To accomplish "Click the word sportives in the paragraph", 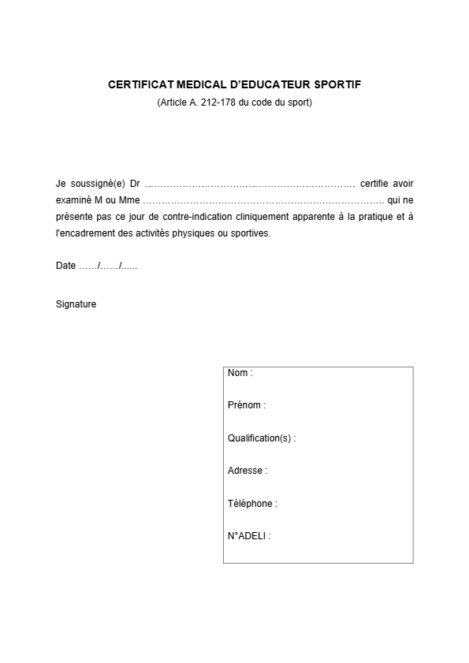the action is pyautogui.click(x=249, y=233).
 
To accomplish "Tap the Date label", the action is pyautogui.click(x=65, y=266).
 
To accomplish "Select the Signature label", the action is pyautogui.click(x=76, y=304).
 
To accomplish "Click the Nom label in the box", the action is pyautogui.click(x=239, y=373).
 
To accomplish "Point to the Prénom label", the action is pyautogui.click(x=245, y=405).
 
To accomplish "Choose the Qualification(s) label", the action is pyautogui.click(x=260, y=438).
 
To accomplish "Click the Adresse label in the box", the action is pyautogui.click(x=246, y=471).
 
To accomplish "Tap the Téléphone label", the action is pyautogui.click(x=251, y=504).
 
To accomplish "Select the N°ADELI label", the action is pyautogui.click(x=248, y=536).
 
